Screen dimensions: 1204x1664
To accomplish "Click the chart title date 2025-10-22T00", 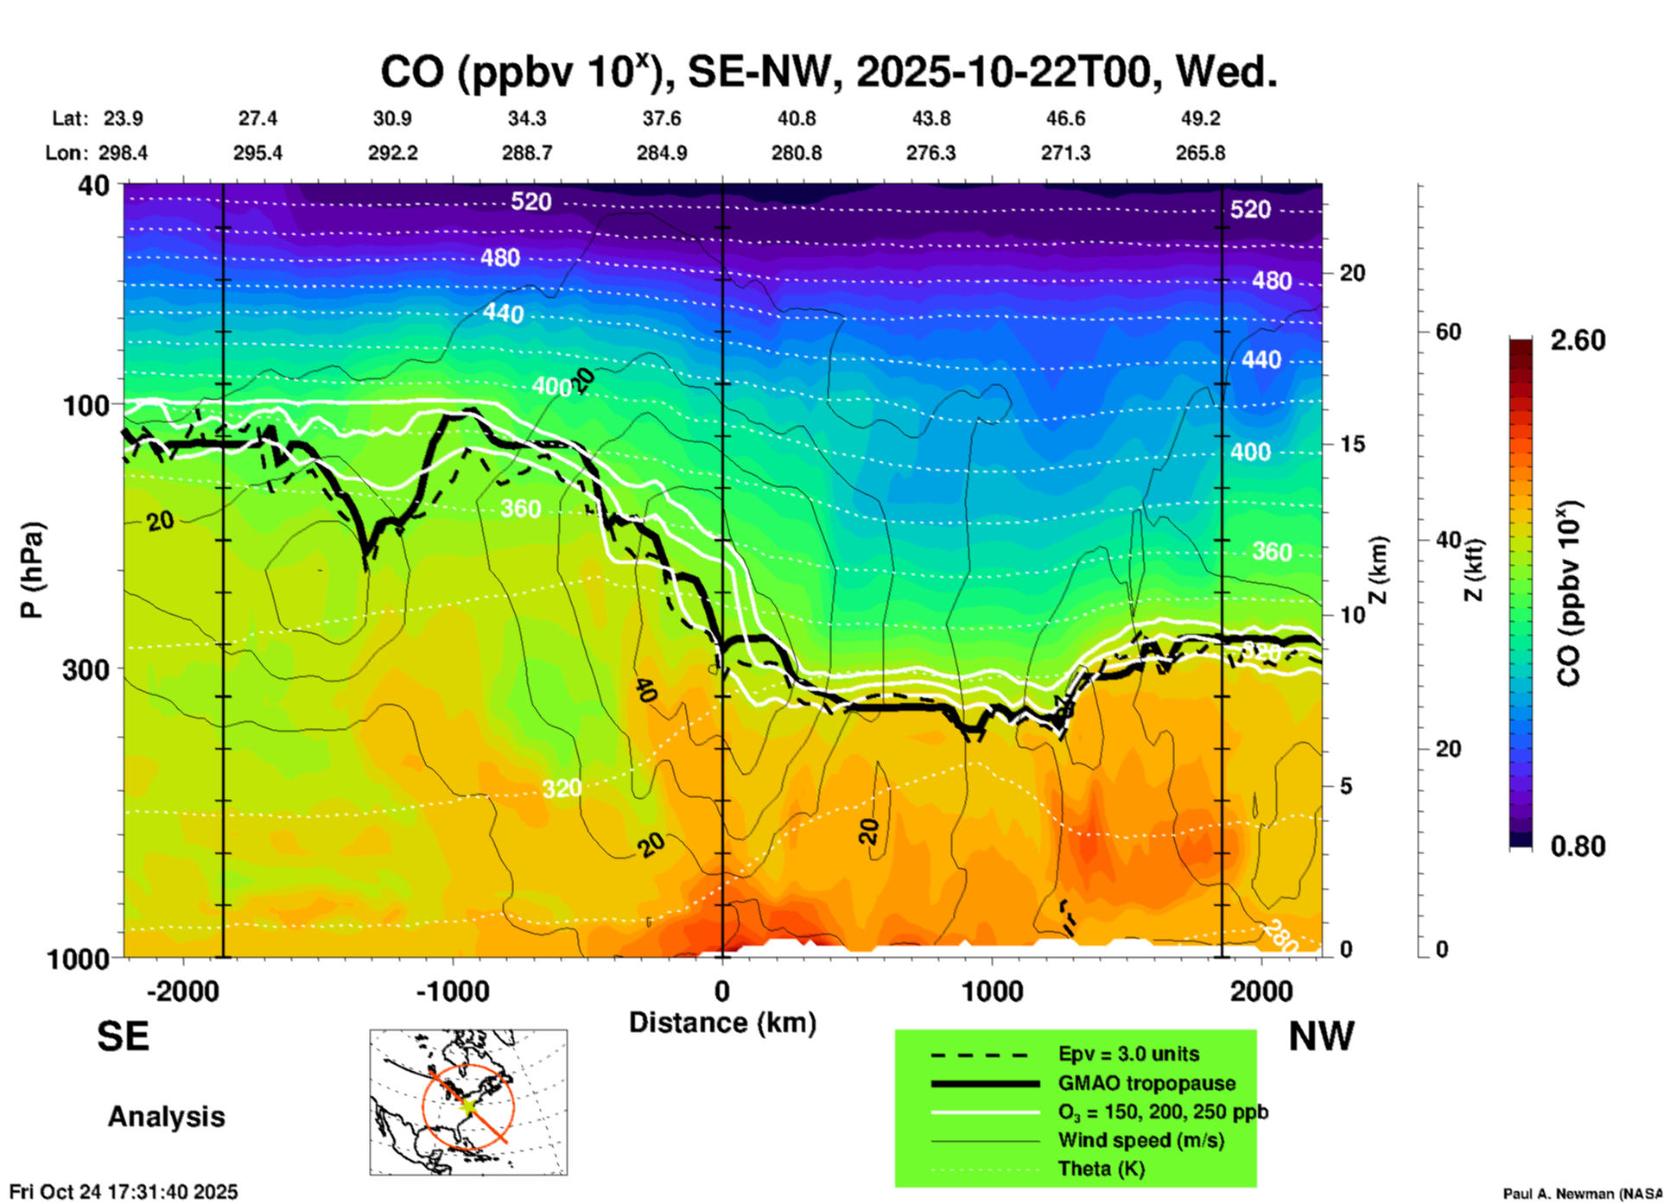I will tap(1004, 72).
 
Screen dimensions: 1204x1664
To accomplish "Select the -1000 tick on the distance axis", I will tap(453, 991).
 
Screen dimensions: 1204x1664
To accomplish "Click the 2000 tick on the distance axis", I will tap(1261, 991).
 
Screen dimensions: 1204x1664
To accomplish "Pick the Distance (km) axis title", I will tap(722, 1023).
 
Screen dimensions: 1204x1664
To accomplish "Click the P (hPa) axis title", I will tap(32, 570).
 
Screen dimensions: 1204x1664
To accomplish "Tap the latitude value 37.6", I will tap(662, 118).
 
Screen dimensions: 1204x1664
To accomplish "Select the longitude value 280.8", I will tap(797, 153).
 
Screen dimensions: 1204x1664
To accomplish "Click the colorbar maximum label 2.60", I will tap(1578, 340).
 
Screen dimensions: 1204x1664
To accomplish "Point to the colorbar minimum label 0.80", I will tap(1578, 846).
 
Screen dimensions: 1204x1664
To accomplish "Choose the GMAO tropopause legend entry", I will tap(1146, 1083).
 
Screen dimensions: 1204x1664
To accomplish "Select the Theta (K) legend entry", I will tap(1101, 1169).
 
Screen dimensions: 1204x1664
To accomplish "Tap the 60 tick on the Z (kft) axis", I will tap(1448, 332).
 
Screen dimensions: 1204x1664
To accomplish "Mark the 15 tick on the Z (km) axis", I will tap(1352, 444).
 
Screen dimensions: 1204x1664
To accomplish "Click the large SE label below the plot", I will tap(123, 1036).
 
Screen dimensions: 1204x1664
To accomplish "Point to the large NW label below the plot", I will tap(1321, 1036).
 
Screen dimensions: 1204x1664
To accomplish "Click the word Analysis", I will tap(166, 1117).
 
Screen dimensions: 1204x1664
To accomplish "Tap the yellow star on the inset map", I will tap(467, 1105).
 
